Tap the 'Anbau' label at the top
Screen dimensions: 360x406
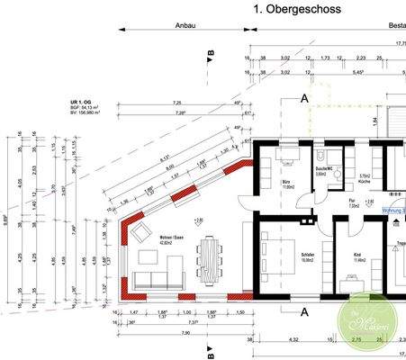pyautogui.click(x=185, y=28)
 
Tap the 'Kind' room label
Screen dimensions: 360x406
pyautogui.click(x=356, y=255)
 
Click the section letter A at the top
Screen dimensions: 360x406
pyautogui.click(x=305, y=97)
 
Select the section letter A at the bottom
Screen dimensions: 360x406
pyautogui.click(x=304, y=312)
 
